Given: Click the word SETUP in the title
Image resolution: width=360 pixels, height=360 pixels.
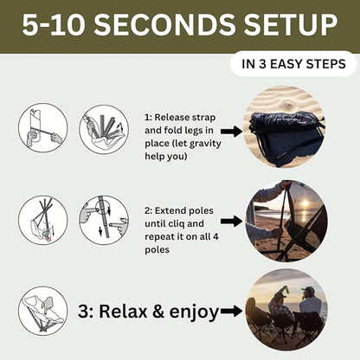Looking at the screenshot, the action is click(x=291, y=24).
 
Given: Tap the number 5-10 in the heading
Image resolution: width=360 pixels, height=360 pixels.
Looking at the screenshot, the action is click(x=54, y=24).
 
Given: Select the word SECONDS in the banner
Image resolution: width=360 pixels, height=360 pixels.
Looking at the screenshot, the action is click(x=164, y=24).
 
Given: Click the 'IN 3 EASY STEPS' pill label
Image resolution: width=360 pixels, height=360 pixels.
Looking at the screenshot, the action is click(x=293, y=64).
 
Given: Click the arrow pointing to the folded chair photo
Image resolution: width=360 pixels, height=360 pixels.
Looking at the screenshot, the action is click(x=232, y=132).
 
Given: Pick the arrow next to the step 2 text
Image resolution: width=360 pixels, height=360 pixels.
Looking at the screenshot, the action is click(x=232, y=222).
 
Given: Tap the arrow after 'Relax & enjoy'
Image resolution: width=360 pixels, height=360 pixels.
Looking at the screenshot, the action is click(x=232, y=312).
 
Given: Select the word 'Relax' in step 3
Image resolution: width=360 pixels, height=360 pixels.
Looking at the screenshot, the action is click(x=123, y=312).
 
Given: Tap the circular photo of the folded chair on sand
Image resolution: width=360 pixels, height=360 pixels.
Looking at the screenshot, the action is click(x=285, y=126).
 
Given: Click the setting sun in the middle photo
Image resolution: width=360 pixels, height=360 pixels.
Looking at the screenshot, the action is click(x=305, y=203).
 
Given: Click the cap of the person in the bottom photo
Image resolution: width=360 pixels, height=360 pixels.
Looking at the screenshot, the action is click(x=309, y=290).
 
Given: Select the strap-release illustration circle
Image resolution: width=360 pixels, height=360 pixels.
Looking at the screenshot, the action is click(x=43, y=128).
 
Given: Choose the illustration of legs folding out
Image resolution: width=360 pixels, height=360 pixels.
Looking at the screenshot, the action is click(x=104, y=129).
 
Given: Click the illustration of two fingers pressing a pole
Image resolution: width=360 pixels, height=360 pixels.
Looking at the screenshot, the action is click(x=104, y=221).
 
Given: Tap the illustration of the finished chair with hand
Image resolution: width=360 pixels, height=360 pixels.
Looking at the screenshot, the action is click(x=43, y=311).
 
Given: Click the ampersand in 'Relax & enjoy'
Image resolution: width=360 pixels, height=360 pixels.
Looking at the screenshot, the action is click(x=158, y=312).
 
